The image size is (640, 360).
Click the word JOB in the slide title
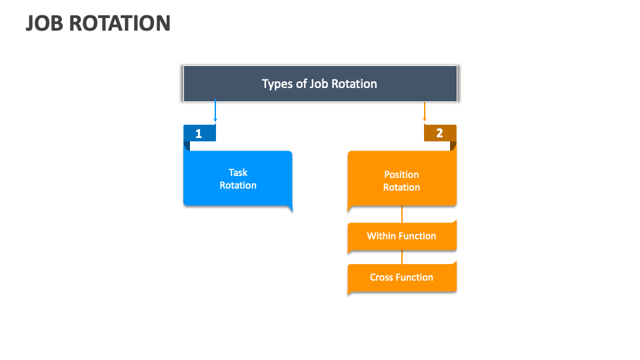tap(45, 23)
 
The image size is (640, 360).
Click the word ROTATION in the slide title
tap(119, 23)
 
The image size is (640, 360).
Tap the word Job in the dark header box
tap(319, 84)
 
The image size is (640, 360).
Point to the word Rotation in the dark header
tap(354, 84)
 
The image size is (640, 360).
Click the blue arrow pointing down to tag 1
tap(215, 110)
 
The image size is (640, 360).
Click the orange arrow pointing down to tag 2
tap(425, 111)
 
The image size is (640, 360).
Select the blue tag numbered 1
tap(199, 133)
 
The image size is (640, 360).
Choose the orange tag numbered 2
tap(440, 133)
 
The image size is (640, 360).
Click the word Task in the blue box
tap(238, 173)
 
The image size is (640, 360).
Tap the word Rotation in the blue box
tap(238, 185)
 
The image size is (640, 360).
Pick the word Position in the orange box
tap(401, 175)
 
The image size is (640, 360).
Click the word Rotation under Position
tap(401, 187)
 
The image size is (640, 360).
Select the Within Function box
tap(402, 236)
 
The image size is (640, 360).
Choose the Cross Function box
tap(402, 277)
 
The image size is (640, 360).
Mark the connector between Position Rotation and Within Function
tap(402, 214)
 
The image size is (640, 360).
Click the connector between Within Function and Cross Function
tap(402, 257)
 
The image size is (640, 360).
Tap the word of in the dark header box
tap(301, 84)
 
